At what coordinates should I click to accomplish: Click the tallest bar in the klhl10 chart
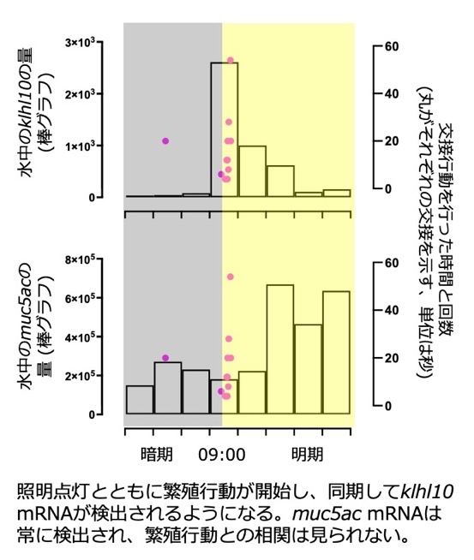pyautogui.click(x=225, y=129)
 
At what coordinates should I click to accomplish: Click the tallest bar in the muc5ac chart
pyautogui.click(x=280, y=349)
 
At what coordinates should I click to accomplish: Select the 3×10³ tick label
pyautogui.click(x=80, y=42)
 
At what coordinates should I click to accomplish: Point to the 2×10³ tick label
pyautogui.click(x=80, y=94)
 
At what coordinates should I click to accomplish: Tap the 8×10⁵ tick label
pyautogui.click(x=80, y=259)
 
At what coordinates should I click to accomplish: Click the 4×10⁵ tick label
pyautogui.click(x=80, y=337)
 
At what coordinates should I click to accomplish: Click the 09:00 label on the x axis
pyautogui.click(x=222, y=455)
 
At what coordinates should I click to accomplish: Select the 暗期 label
pyautogui.click(x=157, y=455)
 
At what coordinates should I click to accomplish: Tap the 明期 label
pyautogui.click(x=308, y=455)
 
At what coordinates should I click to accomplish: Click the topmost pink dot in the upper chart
pyautogui.click(x=231, y=60)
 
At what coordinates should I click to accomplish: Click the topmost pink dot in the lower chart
pyautogui.click(x=231, y=277)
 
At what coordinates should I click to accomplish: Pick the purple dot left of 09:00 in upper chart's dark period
pyautogui.click(x=165, y=140)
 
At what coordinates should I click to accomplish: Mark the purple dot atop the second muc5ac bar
pyautogui.click(x=165, y=358)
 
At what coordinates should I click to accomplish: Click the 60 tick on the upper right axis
pyautogui.click(x=392, y=46)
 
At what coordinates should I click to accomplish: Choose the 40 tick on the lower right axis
pyautogui.click(x=392, y=310)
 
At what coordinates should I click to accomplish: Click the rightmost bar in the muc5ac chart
pyautogui.click(x=336, y=353)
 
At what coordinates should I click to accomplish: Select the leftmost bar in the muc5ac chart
pyautogui.click(x=140, y=400)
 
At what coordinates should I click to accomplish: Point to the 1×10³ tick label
pyautogui.click(x=80, y=146)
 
